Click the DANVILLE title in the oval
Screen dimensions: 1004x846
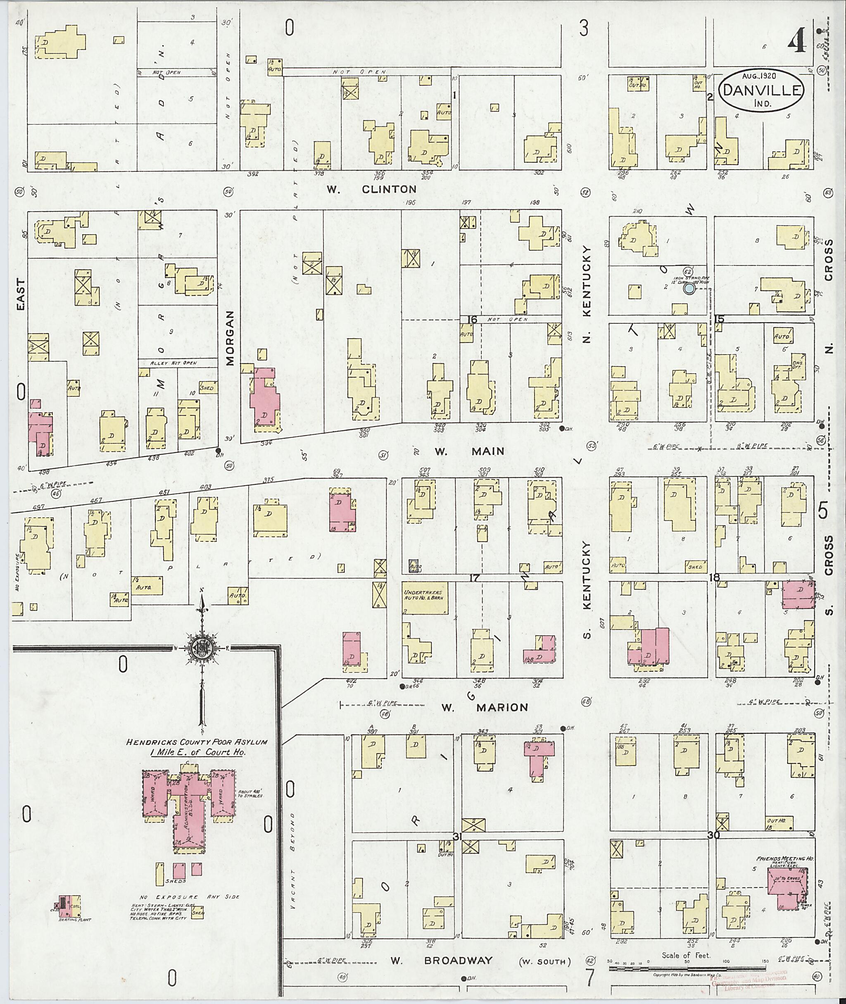coord(762,90)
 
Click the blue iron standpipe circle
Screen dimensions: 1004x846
coord(689,289)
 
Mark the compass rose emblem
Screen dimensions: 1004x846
coord(202,649)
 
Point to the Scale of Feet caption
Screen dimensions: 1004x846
coord(686,955)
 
